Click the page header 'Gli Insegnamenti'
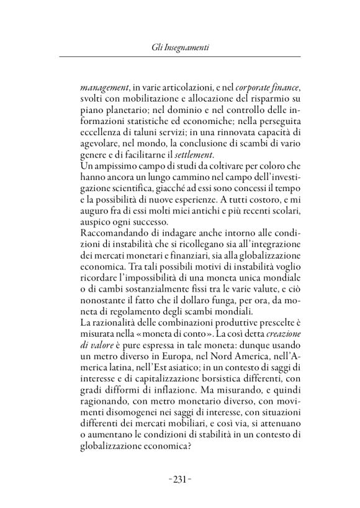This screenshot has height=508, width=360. pyautogui.click(x=179, y=48)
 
